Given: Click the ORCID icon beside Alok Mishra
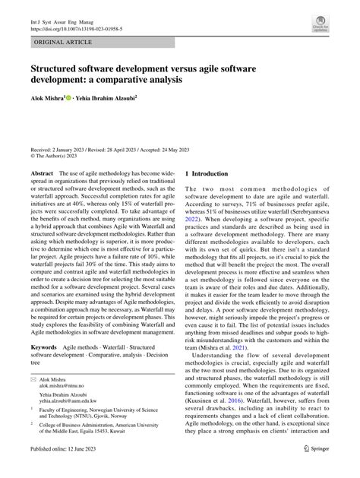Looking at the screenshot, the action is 71,97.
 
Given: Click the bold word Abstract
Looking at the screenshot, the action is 43,173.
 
